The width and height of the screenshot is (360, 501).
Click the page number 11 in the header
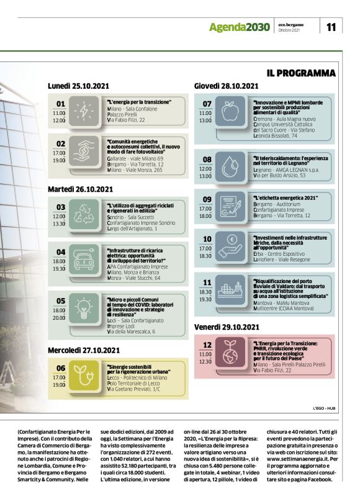point(331,27)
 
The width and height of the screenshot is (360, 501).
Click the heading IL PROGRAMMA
point(301,73)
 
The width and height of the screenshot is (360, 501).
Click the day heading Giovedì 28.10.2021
point(226,86)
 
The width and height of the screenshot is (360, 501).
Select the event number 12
point(208,345)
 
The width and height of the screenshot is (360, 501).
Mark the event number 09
point(207,199)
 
